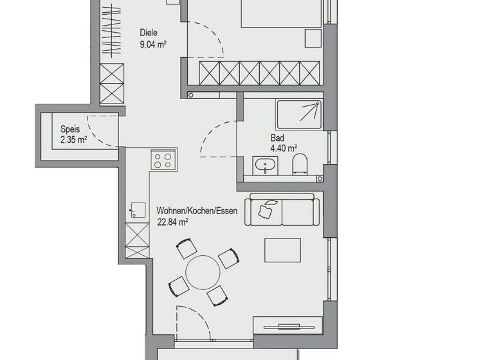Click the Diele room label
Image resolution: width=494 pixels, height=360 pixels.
pyautogui.click(x=149, y=33)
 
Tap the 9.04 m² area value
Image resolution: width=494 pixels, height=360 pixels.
pyautogui.click(x=154, y=44)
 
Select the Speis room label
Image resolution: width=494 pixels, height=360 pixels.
pyautogui.click(x=71, y=129)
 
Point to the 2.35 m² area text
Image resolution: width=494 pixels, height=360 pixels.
pyautogui.click(x=73, y=139)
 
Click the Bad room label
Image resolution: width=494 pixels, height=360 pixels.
pyautogui.click(x=277, y=138)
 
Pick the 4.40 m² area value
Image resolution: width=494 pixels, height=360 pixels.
pyautogui.click(x=284, y=148)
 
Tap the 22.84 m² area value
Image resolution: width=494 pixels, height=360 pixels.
pyautogui.click(x=172, y=222)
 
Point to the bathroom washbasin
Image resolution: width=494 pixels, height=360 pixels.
pyautogui.click(x=264, y=166)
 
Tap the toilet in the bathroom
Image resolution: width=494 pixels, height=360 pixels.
pyautogui.click(x=299, y=165)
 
